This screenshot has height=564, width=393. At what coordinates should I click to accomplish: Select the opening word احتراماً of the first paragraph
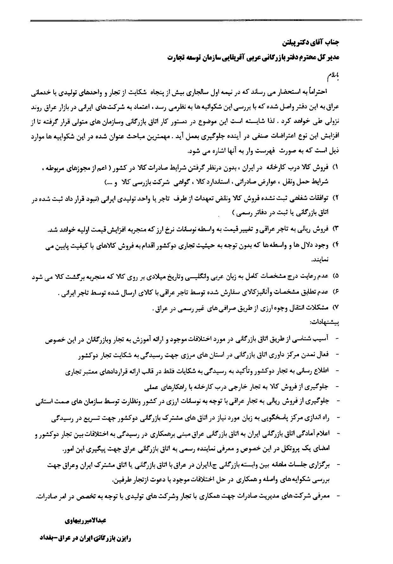tap(317, 92)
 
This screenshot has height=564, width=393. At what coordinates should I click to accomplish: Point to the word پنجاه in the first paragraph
tap(163, 92)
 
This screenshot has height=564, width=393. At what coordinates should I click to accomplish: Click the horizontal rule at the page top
tap(196, 21)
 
